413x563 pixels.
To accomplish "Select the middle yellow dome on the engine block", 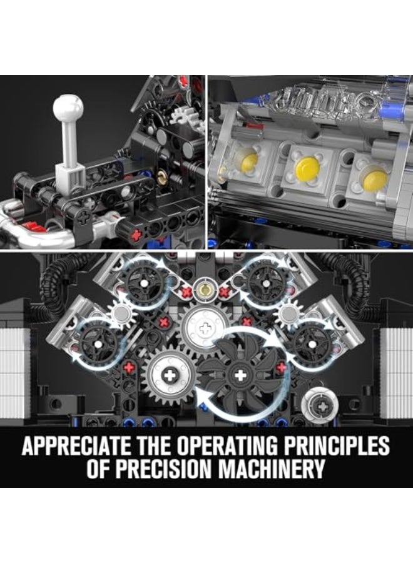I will coord(307,168).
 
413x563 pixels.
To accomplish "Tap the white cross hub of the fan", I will coord(239,375).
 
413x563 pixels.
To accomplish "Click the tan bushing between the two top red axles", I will coord(202,289).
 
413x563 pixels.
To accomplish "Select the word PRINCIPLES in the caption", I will coord(340,447).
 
